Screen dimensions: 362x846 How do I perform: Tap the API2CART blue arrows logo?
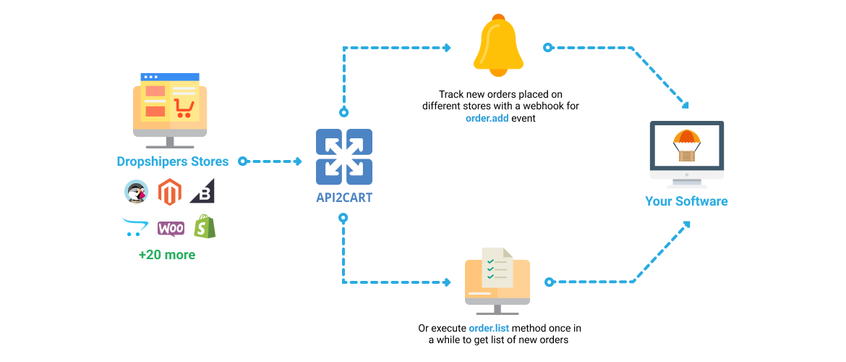click(x=344, y=156)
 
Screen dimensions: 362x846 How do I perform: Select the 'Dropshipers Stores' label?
click(x=173, y=161)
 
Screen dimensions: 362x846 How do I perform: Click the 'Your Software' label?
click(x=686, y=201)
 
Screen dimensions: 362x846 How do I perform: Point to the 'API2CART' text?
click(x=344, y=197)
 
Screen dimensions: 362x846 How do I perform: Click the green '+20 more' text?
click(x=167, y=255)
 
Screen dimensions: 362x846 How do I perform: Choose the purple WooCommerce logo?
click(x=171, y=228)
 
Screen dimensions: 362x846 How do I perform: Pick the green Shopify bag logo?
click(x=204, y=227)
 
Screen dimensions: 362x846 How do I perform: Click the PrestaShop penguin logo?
click(x=136, y=192)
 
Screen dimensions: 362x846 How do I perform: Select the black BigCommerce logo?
click(x=202, y=193)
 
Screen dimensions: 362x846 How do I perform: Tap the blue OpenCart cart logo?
click(x=136, y=227)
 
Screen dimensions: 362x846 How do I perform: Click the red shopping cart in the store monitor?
click(x=184, y=109)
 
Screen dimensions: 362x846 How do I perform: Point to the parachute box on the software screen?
click(x=685, y=146)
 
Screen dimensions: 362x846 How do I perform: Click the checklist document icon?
click(x=497, y=267)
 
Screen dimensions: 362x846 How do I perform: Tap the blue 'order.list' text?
click(x=489, y=328)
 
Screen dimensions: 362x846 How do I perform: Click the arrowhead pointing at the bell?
click(x=447, y=48)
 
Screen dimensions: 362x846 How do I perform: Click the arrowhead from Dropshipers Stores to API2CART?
click(x=298, y=161)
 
